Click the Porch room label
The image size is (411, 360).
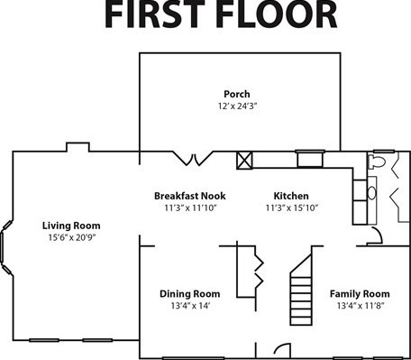click(x=237, y=94)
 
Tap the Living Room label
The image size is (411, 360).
click(x=71, y=226)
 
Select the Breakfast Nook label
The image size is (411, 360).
click(x=190, y=196)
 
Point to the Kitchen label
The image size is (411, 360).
click(x=291, y=196)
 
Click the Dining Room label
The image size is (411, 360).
click(x=190, y=294)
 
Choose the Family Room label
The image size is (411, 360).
click(x=360, y=294)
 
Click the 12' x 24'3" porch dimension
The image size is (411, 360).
click(x=238, y=106)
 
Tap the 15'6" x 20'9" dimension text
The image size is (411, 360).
click(x=72, y=237)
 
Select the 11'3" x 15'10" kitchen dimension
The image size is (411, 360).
click(x=292, y=208)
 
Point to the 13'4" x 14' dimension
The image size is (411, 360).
click(x=190, y=306)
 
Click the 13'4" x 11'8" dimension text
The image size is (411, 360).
click(x=361, y=306)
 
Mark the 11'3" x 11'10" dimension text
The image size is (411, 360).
click(x=190, y=208)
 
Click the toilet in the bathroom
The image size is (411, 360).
click(x=377, y=162)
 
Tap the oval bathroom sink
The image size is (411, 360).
click(x=372, y=193)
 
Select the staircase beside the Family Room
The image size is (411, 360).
click(x=301, y=290)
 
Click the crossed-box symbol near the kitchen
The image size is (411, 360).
click(x=244, y=161)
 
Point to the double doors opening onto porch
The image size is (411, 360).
click(x=195, y=159)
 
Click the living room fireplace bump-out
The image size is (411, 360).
click(x=78, y=147)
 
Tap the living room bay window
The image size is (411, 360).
click(x=6, y=247)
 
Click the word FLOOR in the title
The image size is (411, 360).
click(x=276, y=14)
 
